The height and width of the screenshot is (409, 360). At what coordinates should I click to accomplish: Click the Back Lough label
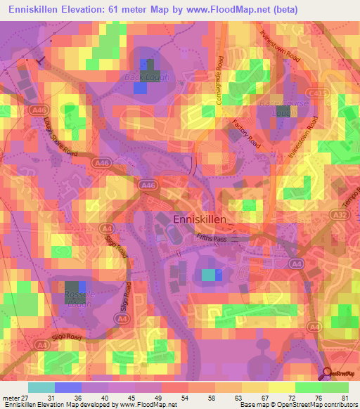147,77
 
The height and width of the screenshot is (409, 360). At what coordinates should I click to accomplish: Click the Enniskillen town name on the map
200,220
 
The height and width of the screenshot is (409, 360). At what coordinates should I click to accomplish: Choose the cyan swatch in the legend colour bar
41,387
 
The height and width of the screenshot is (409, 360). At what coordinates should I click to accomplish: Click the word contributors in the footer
340,405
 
